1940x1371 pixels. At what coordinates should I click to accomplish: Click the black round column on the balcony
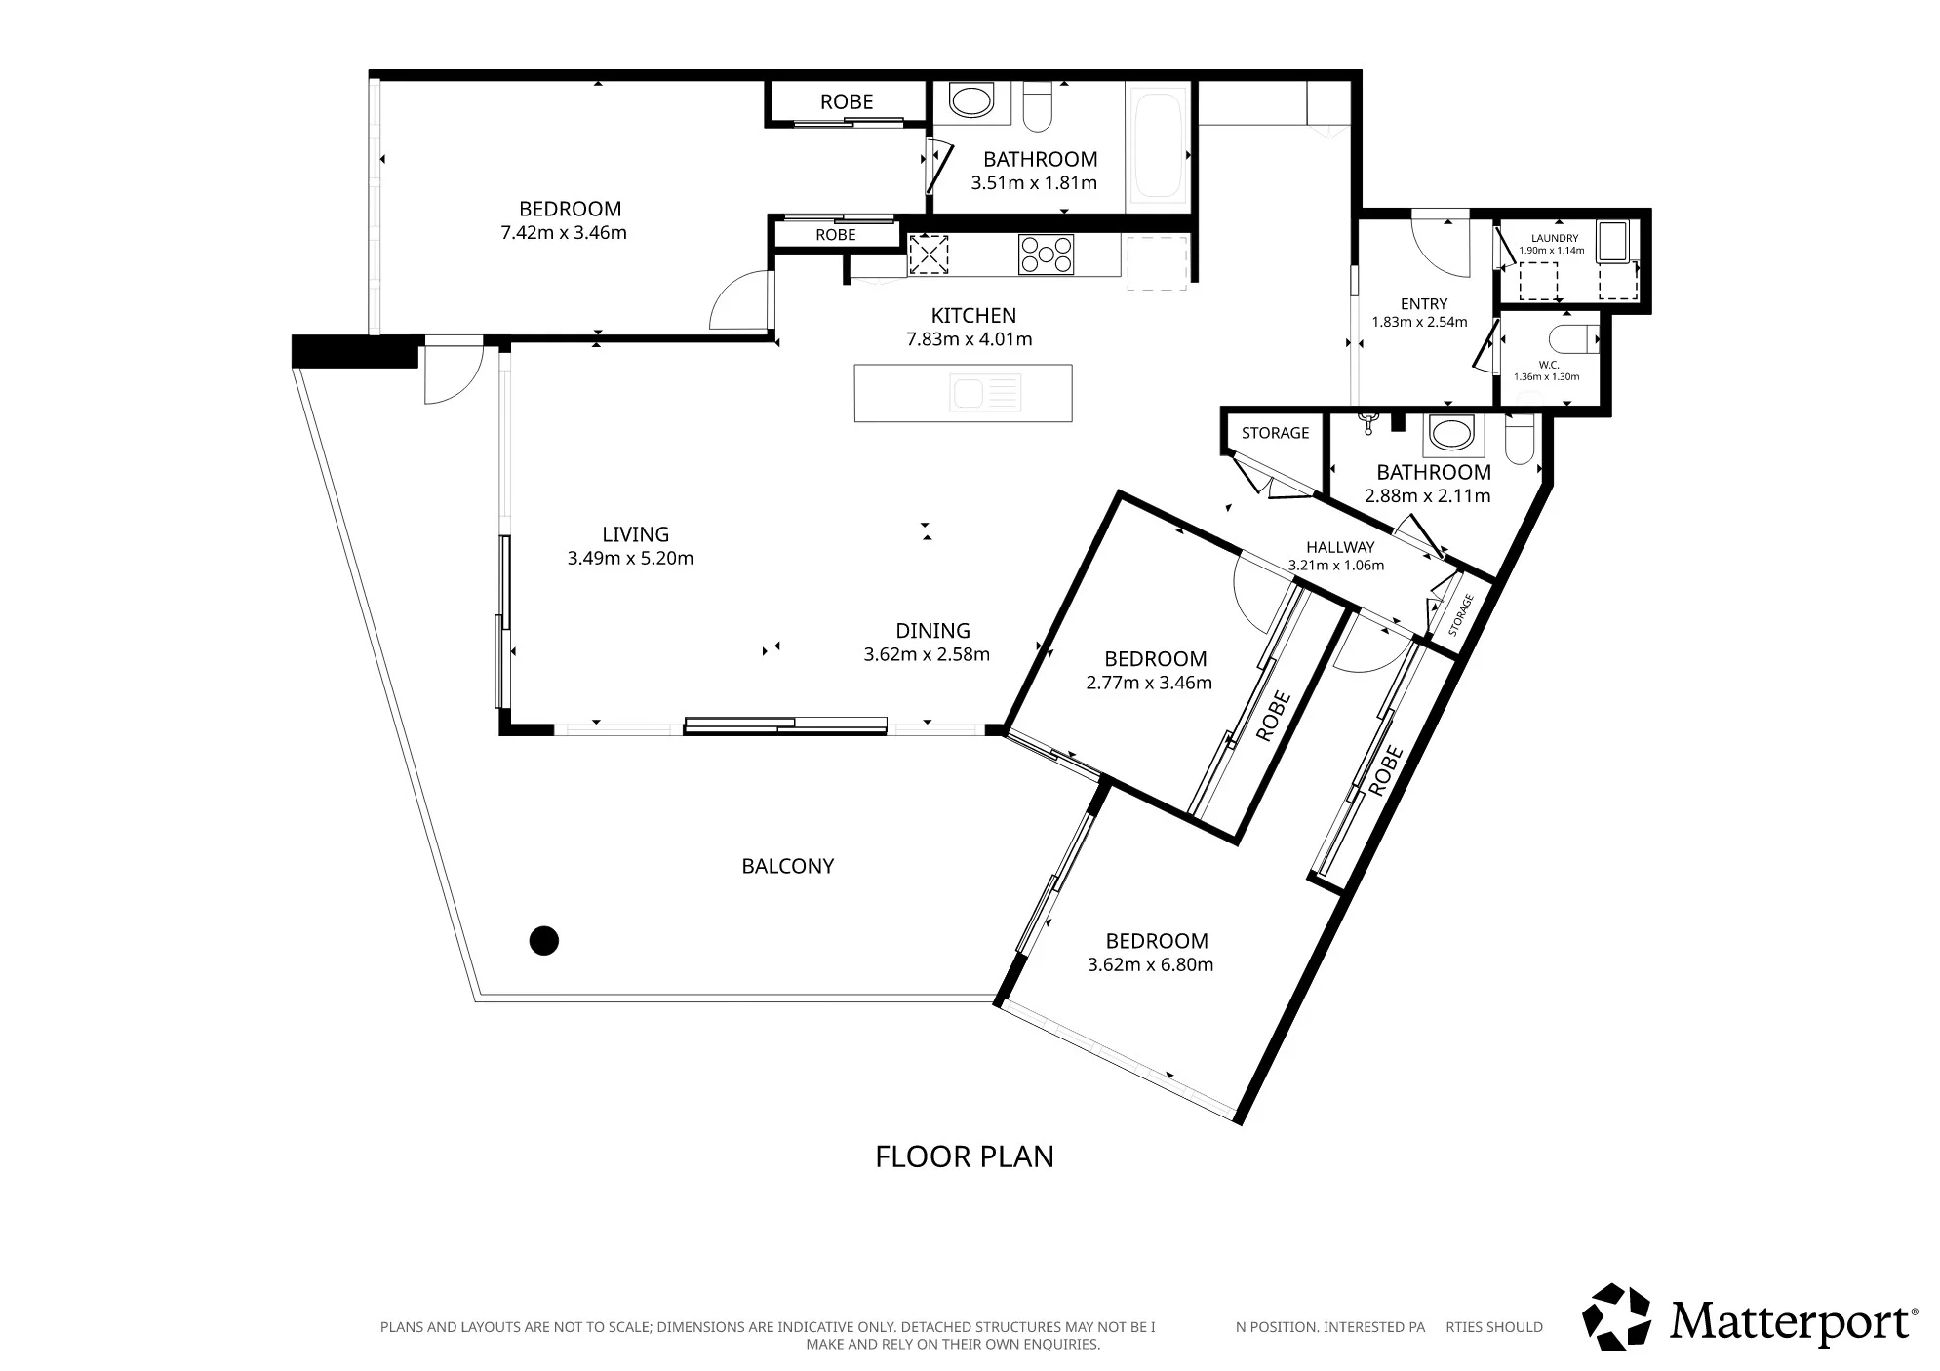point(543,940)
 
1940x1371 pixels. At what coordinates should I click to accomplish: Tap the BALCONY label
point(787,866)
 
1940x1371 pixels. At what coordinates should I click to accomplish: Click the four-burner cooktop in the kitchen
point(1046,255)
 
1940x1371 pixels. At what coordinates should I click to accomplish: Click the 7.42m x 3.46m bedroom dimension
point(563,233)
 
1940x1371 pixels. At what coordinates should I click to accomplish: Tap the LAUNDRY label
point(1554,238)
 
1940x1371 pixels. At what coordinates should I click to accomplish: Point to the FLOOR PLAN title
point(964,1156)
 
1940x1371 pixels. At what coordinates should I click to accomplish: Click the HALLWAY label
point(1340,548)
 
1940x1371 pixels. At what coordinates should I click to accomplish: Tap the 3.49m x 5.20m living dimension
point(630,559)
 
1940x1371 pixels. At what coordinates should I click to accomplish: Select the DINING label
point(932,631)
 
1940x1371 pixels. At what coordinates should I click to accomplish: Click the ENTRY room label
point(1423,304)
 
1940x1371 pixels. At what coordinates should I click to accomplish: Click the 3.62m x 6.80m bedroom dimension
point(1150,965)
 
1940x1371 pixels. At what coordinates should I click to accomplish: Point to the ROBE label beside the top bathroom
point(847,101)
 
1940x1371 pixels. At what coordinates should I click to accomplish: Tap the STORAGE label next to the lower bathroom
point(1275,433)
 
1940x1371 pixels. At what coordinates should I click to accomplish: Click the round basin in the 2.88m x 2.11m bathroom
point(1451,434)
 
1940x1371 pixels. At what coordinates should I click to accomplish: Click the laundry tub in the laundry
point(1612,241)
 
